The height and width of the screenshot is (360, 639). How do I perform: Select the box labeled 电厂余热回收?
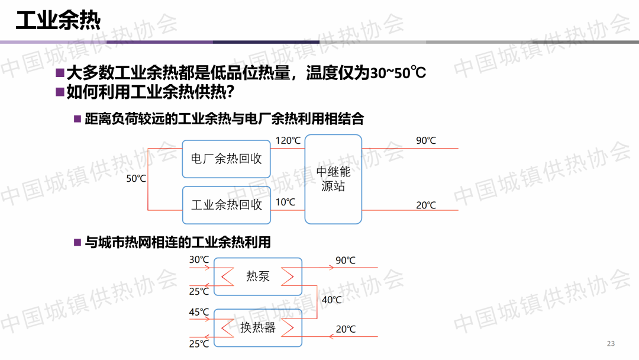[226, 159]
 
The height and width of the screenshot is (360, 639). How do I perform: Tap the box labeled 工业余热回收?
[226, 205]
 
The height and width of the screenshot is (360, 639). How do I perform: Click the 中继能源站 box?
[333, 179]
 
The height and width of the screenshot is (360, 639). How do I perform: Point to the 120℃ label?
[288, 141]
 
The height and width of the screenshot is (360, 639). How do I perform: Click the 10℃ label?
[285, 202]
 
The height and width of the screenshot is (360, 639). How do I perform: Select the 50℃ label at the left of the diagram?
[136, 178]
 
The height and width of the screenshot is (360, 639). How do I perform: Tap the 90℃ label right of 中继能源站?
[425, 141]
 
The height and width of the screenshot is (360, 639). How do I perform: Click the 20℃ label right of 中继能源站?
[425, 205]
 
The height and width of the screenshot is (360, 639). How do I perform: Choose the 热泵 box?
[257, 276]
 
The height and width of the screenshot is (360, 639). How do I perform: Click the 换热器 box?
[257, 327]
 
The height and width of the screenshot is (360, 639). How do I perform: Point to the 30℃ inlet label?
[199, 260]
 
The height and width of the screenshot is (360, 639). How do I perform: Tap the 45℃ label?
[199, 312]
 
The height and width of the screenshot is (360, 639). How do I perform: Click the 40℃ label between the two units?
[331, 300]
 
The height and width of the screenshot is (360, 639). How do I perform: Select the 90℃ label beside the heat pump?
[346, 261]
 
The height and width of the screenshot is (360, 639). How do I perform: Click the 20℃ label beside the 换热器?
[346, 329]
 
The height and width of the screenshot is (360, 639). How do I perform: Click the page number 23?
[611, 344]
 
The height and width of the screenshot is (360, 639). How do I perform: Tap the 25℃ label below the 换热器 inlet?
[199, 343]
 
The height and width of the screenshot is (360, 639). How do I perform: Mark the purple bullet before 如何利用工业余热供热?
[59, 92]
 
